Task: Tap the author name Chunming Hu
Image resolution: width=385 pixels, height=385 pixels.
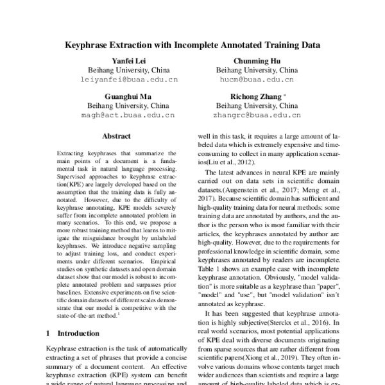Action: tap(257, 60)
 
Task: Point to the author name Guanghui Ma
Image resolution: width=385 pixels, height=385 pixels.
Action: tap(128, 96)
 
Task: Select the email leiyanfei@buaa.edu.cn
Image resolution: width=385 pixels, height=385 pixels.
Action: tap(128, 80)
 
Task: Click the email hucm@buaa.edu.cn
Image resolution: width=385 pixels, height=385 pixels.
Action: tap(257, 80)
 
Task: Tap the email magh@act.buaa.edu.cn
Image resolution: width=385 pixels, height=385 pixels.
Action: tap(128, 116)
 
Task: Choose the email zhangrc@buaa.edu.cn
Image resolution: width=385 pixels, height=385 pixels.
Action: tap(257, 116)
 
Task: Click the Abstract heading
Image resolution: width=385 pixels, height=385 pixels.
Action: tap(116, 136)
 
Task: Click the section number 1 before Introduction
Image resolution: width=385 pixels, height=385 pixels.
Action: tap(49, 334)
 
